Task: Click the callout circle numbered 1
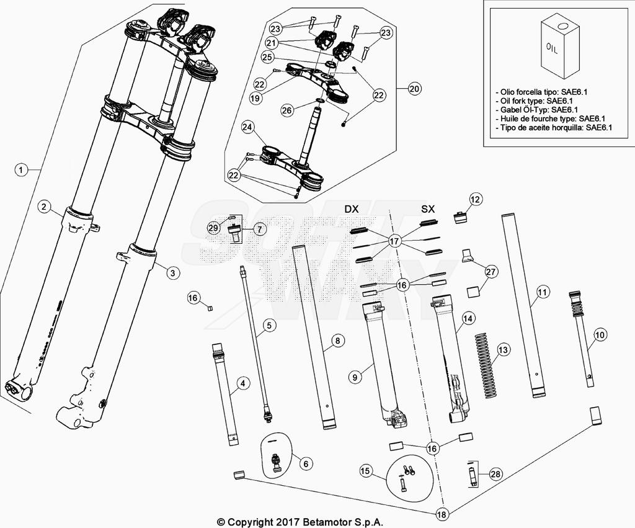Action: click(x=21, y=169)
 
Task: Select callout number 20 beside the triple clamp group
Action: click(x=414, y=89)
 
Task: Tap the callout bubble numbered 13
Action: click(x=502, y=351)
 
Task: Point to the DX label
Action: click(x=352, y=210)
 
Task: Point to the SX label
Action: click(x=428, y=210)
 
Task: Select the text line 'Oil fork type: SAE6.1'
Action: click(x=535, y=101)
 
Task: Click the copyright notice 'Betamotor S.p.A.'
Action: click(x=300, y=522)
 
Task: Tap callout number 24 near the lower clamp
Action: click(x=248, y=128)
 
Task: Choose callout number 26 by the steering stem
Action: click(x=286, y=110)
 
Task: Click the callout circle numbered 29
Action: click(x=213, y=228)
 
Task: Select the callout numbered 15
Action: click(x=366, y=472)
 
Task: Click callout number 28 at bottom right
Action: click(x=495, y=475)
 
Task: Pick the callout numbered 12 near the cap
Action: click(x=475, y=199)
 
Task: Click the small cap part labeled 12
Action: click(x=460, y=218)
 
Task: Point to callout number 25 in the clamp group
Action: click(x=267, y=57)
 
